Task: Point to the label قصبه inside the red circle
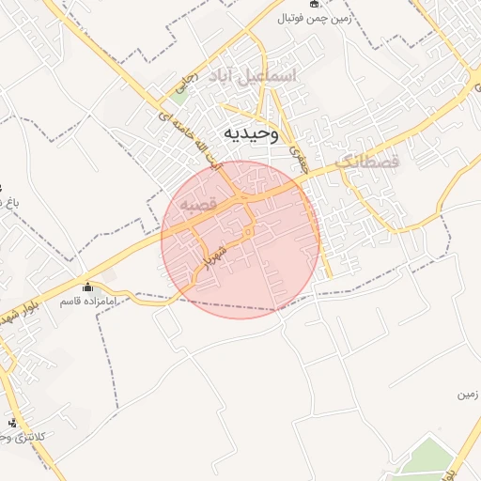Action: pos(199,203)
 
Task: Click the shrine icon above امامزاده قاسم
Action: pos(88,287)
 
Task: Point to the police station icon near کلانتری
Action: pos(12,422)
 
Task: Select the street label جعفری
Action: pos(300,154)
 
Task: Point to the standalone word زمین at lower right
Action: pos(467,396)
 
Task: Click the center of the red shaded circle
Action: pos(240,240)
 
